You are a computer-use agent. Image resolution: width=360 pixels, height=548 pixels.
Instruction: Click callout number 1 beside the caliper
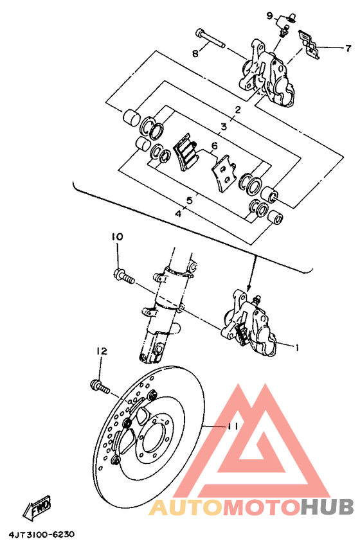(297, 348)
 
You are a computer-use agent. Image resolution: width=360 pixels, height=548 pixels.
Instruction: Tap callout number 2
(237, 110)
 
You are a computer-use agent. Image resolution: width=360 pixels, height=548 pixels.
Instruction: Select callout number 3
(224, 127)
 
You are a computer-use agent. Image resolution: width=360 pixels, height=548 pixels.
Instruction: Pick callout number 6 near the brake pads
(206, 146)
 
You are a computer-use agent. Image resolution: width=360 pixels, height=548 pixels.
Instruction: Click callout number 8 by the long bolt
(195, 54)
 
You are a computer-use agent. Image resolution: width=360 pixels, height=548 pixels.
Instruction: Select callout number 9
(271, 15)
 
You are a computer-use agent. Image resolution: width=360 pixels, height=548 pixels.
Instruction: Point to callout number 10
(116, 237)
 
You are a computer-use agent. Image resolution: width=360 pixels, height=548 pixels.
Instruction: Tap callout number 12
(102, 351)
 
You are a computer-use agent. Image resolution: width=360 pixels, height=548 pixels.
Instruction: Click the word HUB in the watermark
(327, 508)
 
